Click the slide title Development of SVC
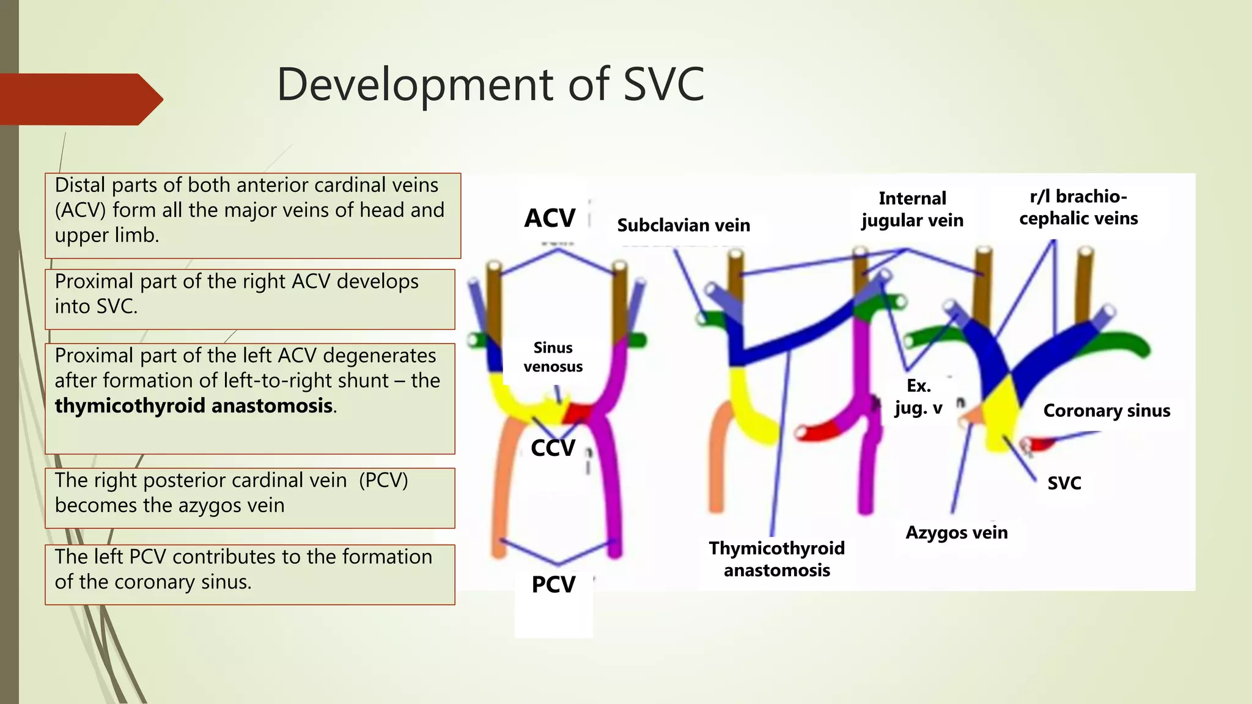tap(490, 84)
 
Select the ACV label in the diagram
tap(550, 218)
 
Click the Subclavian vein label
tap(683, 226)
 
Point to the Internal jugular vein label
tap(912, 210)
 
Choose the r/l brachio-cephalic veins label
tap(1078, 208)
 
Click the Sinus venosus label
tap(553, 357)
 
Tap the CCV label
tap(553, 448)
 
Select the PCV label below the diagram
tap(553, 585)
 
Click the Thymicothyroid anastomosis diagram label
tap(776, 559)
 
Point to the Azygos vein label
tap(956, 533)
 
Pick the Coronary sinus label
tap(1107, 411)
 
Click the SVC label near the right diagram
tap(1064, 483)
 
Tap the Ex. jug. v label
tap(918, 397)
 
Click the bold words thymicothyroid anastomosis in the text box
tap(194, 406)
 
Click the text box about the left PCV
tap(249, 574)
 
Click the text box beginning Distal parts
tap(252, 215)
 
